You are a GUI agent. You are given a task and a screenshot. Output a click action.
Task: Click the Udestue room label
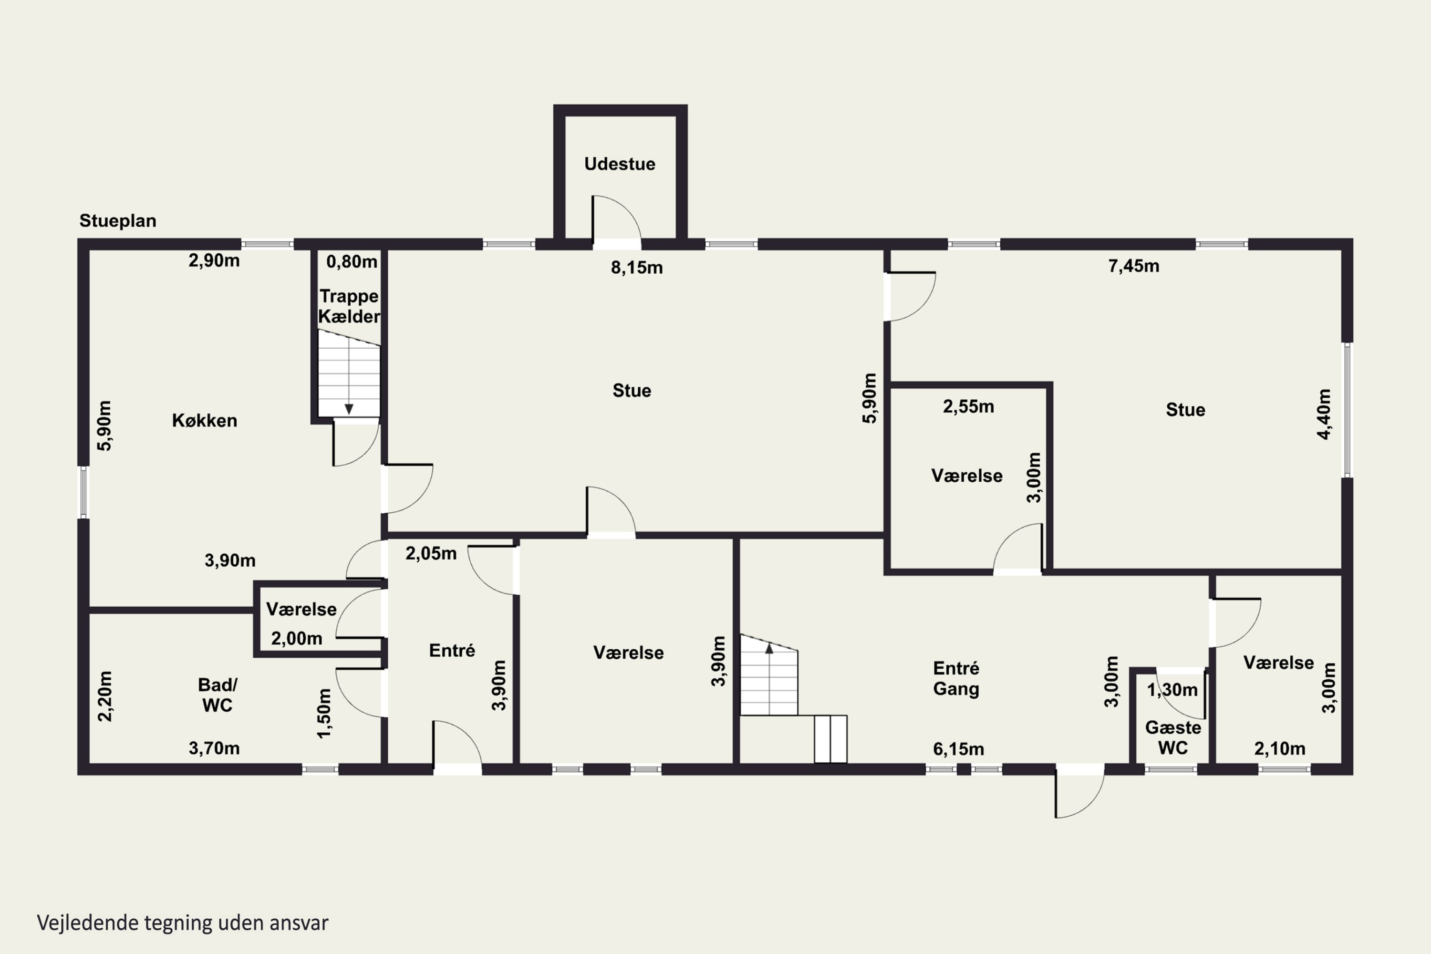[x=619, y=164]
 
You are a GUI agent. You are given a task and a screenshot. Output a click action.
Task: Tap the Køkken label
[x=205, y=420]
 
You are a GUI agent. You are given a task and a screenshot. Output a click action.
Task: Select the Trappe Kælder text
[x=349, y=306]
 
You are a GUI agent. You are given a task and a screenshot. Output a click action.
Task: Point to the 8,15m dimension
[x=636, y=267]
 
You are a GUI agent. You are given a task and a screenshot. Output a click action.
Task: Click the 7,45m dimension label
[x=1133, y=266]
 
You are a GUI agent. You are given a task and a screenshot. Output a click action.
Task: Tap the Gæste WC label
[x=1173, y=737]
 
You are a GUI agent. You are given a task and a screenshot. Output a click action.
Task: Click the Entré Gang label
[x=956, y=678]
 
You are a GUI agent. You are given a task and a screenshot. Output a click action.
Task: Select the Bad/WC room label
[x=217, y=695]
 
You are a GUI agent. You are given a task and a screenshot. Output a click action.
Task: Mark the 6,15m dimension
[x=958, y=749]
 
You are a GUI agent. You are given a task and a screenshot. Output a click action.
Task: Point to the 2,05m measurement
[x=431, y=553]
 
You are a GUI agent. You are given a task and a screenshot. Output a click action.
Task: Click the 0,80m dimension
[x=352, y=261]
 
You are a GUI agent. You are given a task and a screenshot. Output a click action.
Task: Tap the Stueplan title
[x=117, y=220]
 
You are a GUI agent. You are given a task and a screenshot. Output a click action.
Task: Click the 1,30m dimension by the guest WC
[x=1172, y=690]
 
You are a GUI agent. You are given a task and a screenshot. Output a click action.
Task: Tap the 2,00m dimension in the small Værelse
[x=296, y=638]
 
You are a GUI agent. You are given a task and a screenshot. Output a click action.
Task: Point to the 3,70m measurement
[x=214, y=748]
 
